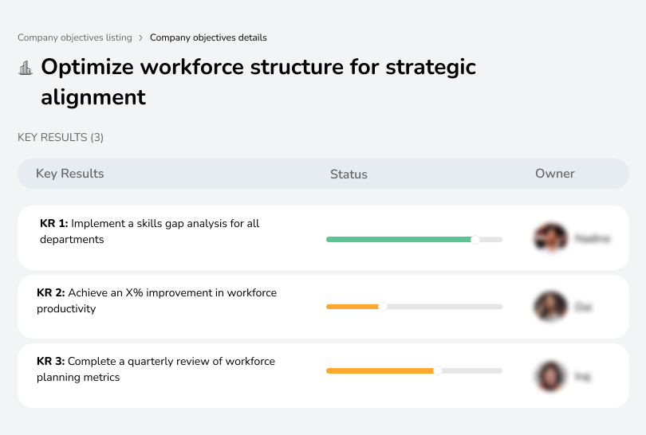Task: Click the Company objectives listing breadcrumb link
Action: point(75,37)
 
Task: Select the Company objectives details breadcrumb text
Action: point(208,37)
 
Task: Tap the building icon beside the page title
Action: point(26,69)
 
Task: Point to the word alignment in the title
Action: point(93,97)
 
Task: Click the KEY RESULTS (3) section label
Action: point(61,138)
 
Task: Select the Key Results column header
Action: point(70,174)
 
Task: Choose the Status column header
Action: point(349,174)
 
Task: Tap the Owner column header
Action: point(555,174)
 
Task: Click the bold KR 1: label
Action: point(54,224)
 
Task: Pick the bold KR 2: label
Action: point(51,293)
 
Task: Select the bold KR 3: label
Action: point(51,362)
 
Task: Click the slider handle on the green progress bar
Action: point(475,239)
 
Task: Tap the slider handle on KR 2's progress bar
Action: point(382,307)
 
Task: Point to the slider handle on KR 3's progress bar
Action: point(438,370)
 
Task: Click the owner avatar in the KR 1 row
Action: point(550,237)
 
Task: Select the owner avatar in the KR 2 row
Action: point(550,306)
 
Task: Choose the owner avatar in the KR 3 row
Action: point(550,376)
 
